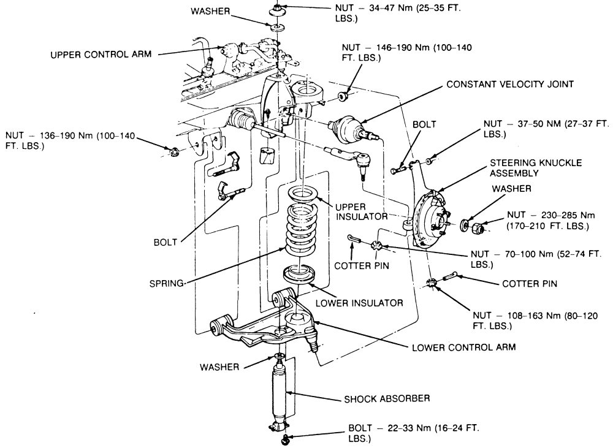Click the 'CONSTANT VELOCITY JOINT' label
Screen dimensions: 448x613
click(x=511, y=84)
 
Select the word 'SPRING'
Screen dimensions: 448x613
click(x=167, y=283)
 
